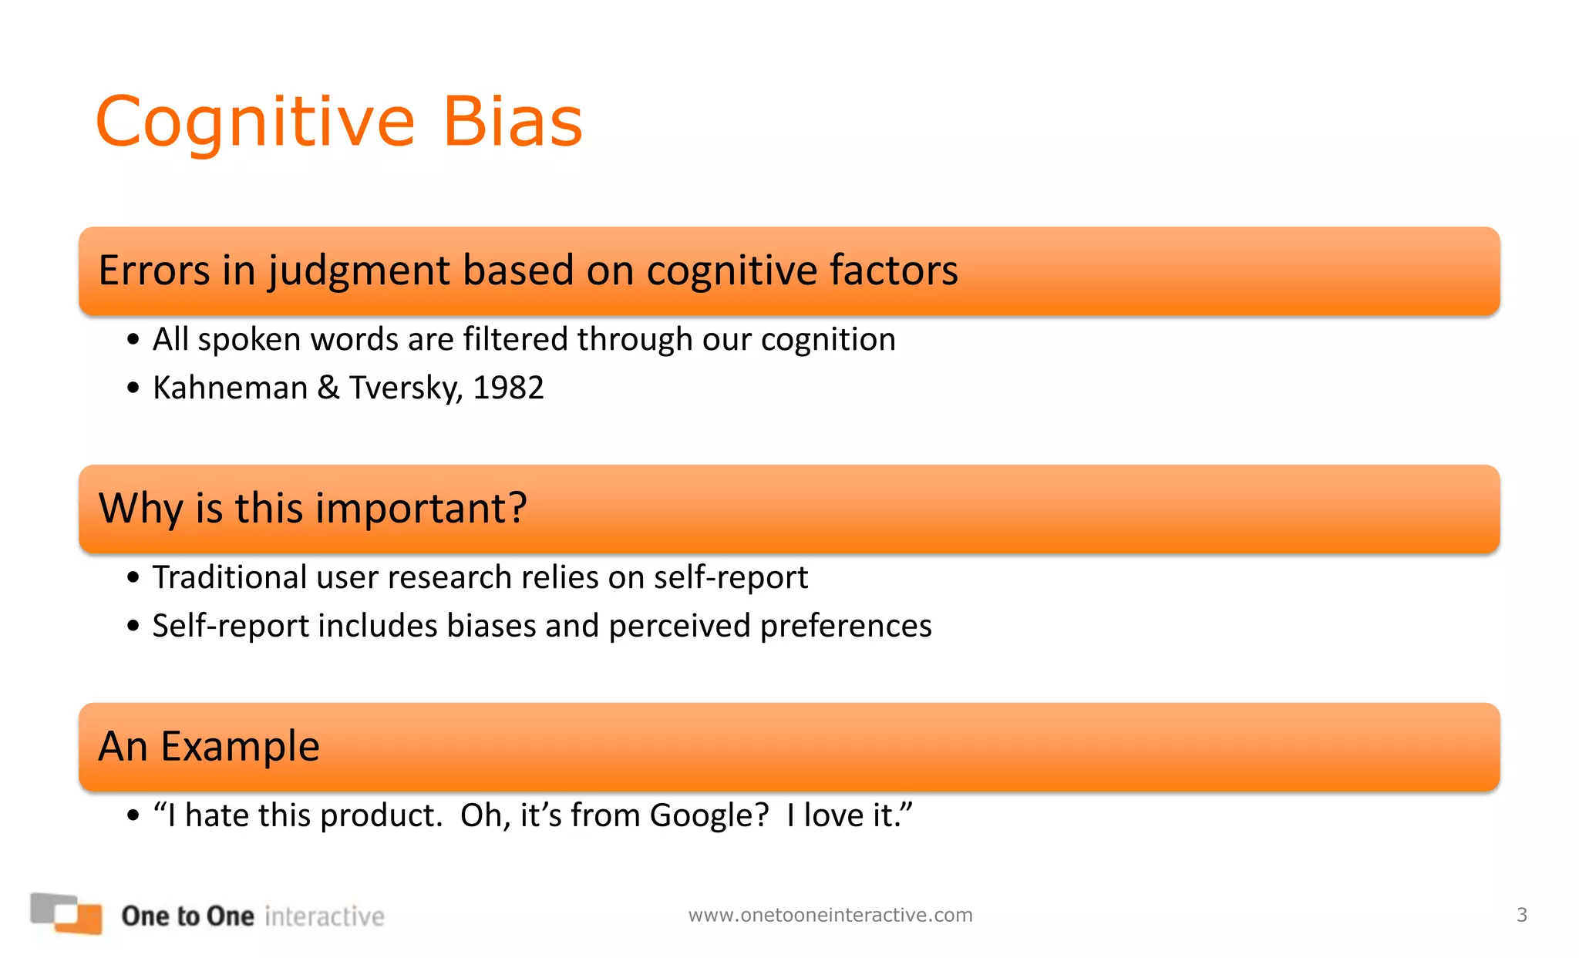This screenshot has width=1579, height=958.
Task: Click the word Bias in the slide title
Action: point(512,122)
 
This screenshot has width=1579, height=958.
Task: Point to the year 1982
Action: point(508,388)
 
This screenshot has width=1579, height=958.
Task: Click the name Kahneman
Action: point(230,388)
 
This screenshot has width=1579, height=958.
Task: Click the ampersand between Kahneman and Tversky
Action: point(328,388)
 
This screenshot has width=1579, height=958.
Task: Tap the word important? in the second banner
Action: point(421,509)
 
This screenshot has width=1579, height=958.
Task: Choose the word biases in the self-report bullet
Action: point(491,626)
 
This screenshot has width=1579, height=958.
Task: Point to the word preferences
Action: point(846,626)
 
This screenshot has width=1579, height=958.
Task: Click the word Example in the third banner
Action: point(240,747)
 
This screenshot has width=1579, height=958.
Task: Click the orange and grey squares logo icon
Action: point(66,913)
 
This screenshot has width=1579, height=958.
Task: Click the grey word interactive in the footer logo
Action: point(324,916)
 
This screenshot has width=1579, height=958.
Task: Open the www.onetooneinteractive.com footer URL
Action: point(830,915)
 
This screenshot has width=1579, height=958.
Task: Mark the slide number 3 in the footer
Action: point(1521,915)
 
